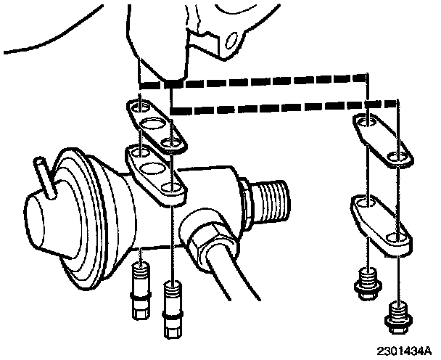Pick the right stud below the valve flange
tap(172, 305)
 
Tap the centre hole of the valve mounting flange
tap(154, 171)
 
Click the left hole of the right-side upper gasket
tap(366, 121)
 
